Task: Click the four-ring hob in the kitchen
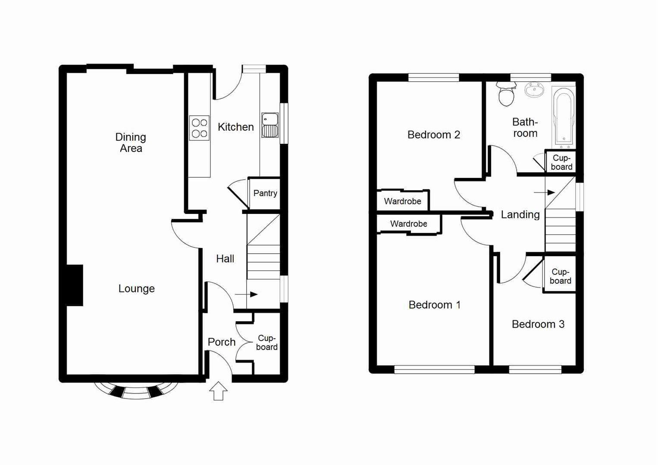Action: (199, 128)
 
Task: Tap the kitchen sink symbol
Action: (270, 125)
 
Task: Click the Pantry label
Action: (265, 193)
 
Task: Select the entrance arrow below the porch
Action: (219, 391)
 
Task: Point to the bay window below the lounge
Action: (136, 391)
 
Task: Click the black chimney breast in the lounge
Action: (75, 285)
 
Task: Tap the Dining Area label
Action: (131, 143)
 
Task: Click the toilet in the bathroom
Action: (506, 95)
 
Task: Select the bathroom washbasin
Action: (534, 90)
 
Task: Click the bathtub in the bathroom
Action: (564, 116)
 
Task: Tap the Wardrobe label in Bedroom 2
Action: (402, 201)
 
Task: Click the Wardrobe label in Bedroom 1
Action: (408, 224)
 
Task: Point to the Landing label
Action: (520, 214)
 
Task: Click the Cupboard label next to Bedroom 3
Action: (560, 276)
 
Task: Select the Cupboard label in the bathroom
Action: (561, 162)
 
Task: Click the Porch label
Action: (222, 342)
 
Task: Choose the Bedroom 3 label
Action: (538, 324)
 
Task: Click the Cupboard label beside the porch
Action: (266, 343)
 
